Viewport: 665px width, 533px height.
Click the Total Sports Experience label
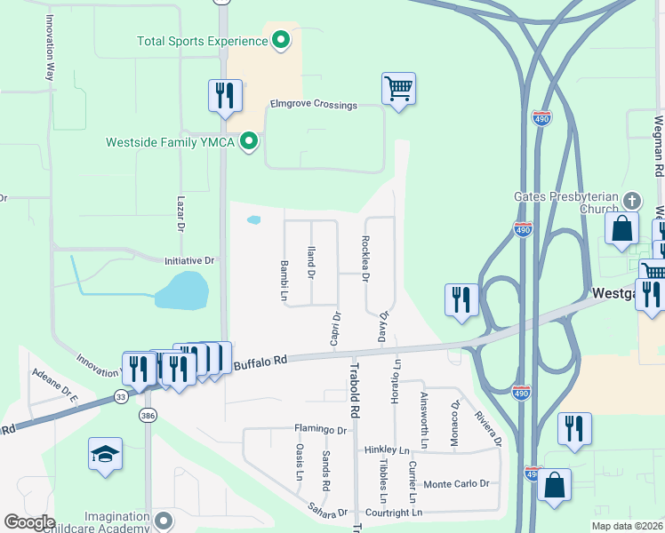point(202,41)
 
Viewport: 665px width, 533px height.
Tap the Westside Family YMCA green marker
point(250,140)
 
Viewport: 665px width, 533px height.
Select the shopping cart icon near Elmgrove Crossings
point(399,88)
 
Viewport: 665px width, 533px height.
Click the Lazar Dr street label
point(180,215)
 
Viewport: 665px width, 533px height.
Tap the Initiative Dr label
point(189,261)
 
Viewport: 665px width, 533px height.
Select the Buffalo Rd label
point(261,362)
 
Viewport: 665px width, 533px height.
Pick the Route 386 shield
point(147,415)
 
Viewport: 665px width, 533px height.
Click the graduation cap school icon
point(105,454)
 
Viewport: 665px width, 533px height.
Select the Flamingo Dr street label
point(320,430)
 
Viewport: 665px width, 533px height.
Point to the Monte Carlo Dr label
point(457,484)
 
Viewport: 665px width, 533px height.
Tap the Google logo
point(28,522)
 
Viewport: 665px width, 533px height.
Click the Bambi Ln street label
point(284,279)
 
